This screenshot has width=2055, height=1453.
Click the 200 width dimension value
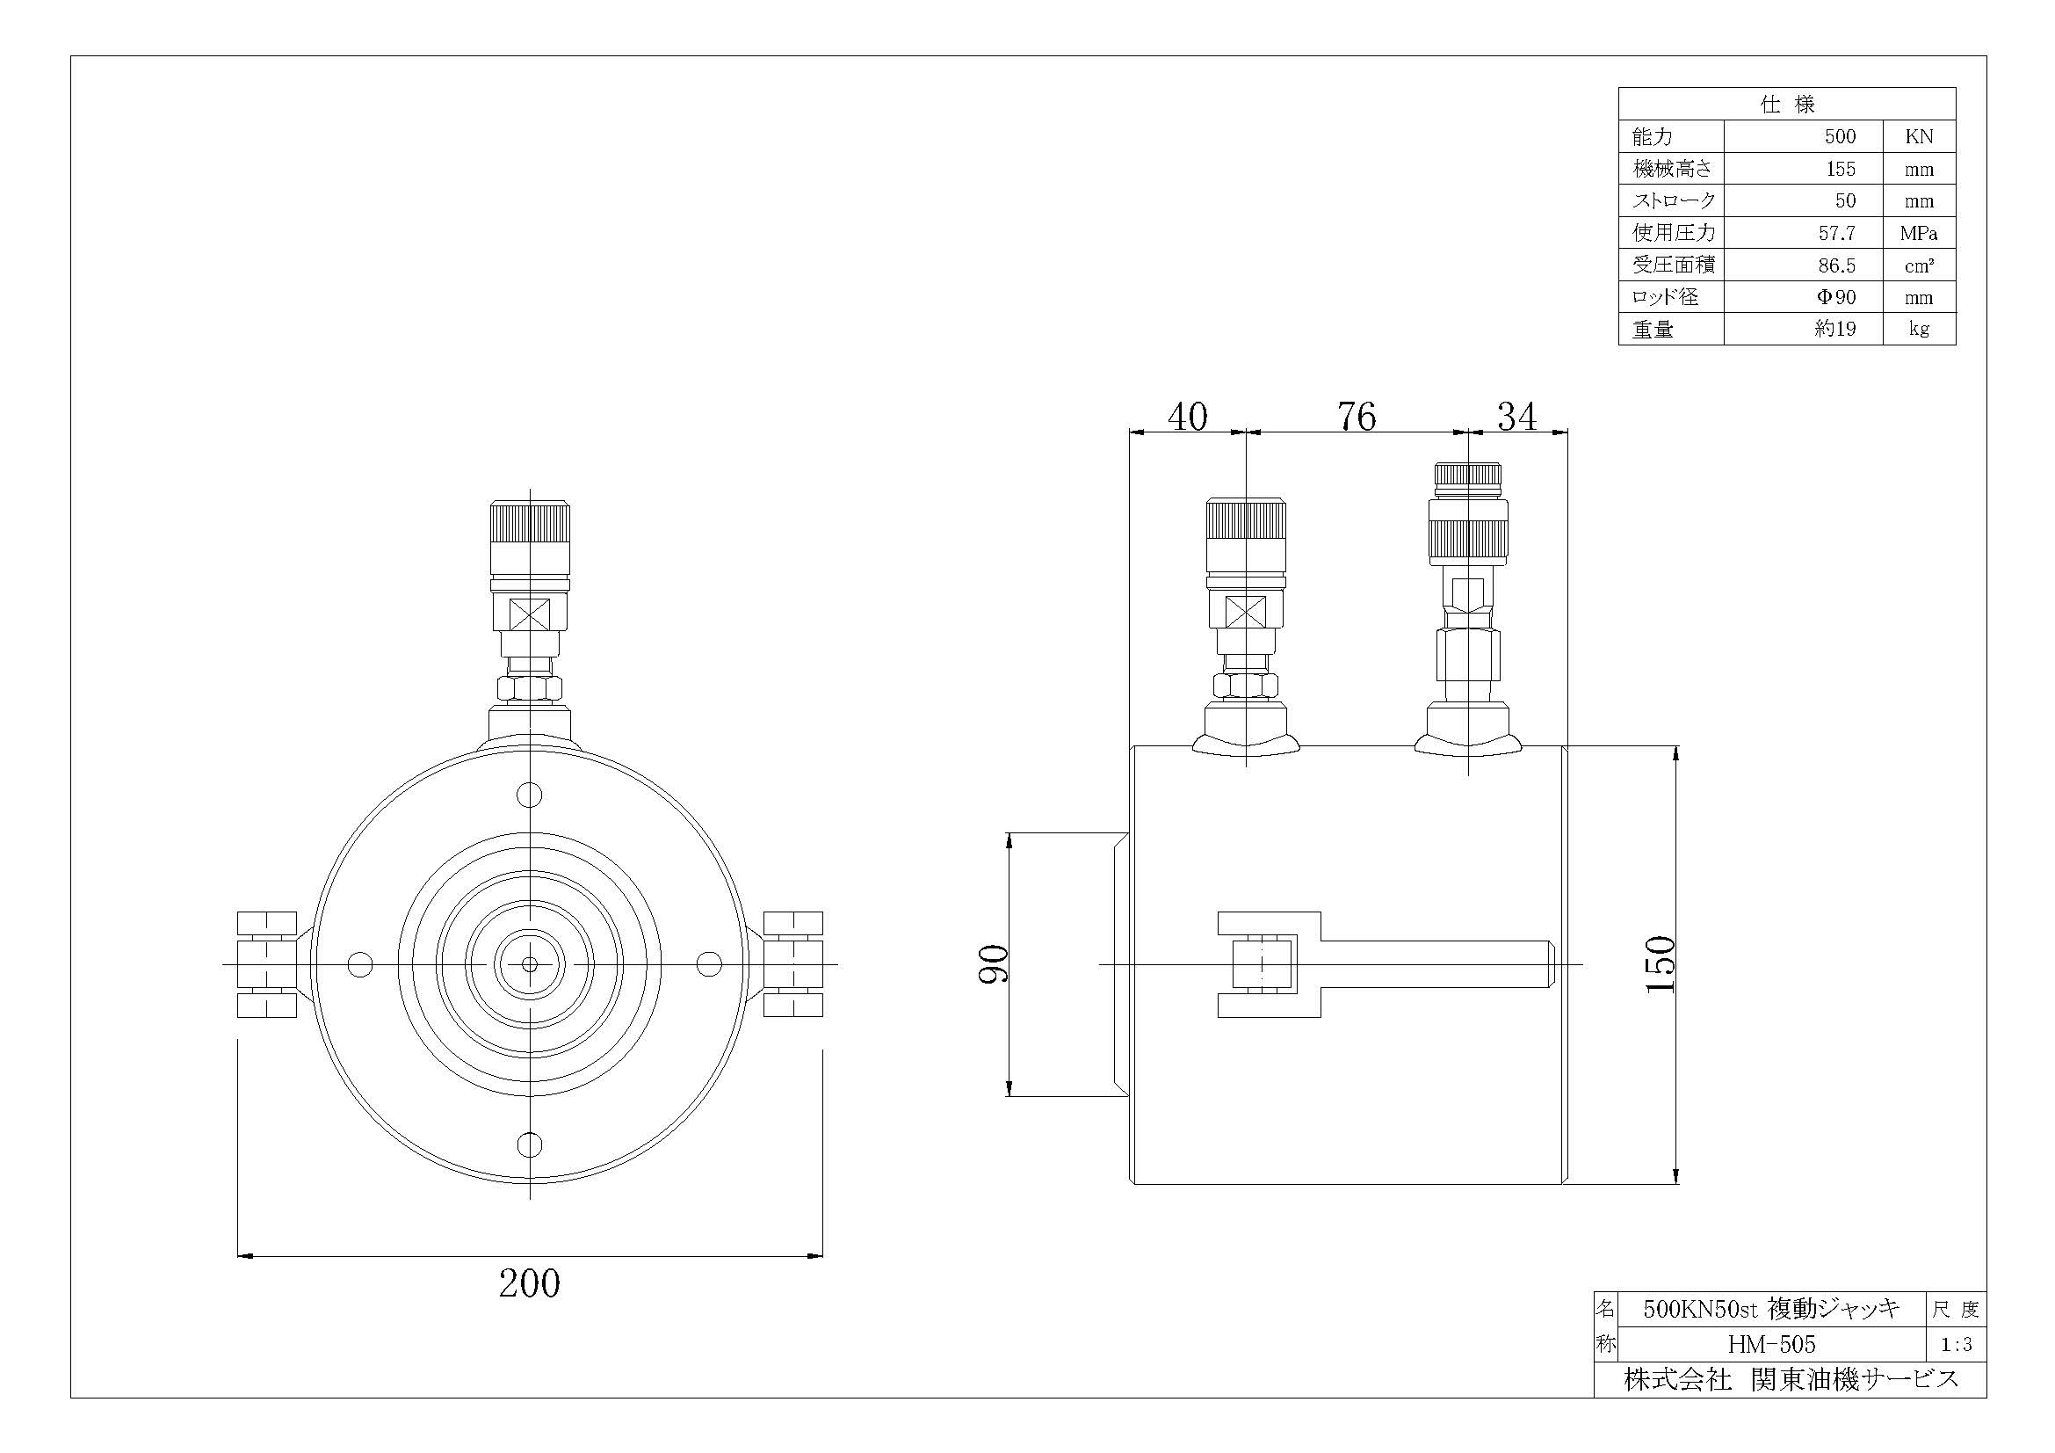pos(529,1282)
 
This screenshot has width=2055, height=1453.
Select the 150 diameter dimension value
pos(1661,963)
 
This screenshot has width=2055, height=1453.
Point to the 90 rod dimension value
pos(994,963)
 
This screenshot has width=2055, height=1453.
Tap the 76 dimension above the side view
pos(1356,417)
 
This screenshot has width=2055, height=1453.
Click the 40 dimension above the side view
pos(1188,417)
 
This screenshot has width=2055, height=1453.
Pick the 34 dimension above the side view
pos(1517,417)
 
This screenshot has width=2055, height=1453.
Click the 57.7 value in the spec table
pos(1836,234)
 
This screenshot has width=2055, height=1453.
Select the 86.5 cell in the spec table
pos(1836,265)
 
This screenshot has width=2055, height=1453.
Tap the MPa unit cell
pos(1919,234)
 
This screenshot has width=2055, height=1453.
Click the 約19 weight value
pos(1834,330)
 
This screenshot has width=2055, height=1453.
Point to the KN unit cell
pos(1919,137)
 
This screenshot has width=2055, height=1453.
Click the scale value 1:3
pos(1956,1345)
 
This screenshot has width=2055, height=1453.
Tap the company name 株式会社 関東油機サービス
pos(1791,1379)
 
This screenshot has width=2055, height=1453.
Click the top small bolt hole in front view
pos(530,795)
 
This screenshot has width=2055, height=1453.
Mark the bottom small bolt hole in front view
pos(530,1144)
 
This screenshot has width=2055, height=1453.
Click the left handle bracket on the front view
pos(267,964)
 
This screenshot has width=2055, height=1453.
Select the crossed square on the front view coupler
pos(530,615)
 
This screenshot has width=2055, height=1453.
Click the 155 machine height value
pos(1841,169)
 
